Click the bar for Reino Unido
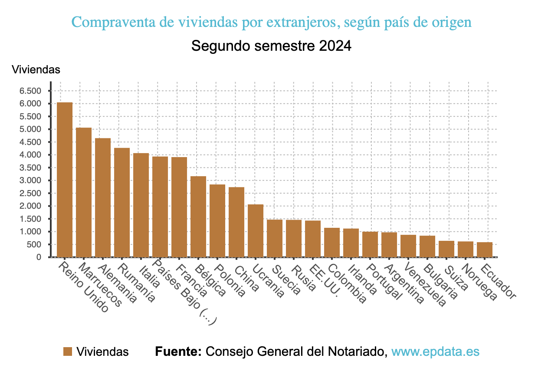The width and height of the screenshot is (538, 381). tap(65, 180)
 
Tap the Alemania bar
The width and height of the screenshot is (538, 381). tap(103, 197)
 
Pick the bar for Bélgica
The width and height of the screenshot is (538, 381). tap(198, 217)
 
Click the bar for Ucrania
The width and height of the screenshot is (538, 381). tap(256, 230)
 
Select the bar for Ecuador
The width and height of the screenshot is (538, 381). tap(485, 250)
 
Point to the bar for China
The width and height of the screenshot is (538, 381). tap(236, 222)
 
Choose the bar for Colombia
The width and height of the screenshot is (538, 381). tap(332, 242)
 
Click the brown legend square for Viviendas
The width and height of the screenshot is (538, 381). tap(67, 352)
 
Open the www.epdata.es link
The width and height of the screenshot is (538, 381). tap(435, 351)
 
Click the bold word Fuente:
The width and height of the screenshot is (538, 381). tap(178, 351)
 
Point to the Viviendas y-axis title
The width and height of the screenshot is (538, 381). tap(36, 69)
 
